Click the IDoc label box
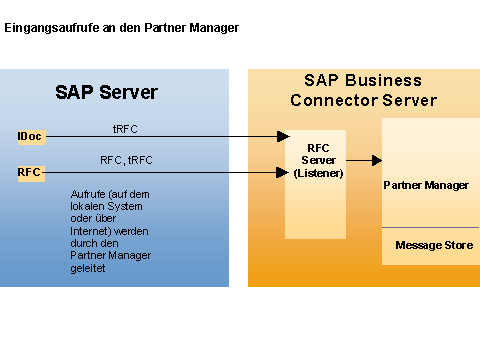point(31,137)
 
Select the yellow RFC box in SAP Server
point(31,173)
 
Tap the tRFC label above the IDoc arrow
point(125,129)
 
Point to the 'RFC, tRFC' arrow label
point(126,160)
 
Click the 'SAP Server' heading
point(106,92)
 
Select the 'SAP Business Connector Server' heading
point(363,90)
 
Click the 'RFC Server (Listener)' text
point(318,160)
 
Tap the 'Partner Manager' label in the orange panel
point(426,185)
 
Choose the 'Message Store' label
point(434,245)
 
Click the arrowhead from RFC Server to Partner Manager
point(377,160)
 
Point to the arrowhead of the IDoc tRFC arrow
point(283,136)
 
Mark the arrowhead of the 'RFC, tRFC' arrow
point(283,172)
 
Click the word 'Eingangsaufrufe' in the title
point(52,28)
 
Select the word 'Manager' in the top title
point(214,28)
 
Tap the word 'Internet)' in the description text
point(88,231)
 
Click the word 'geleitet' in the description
point(88,268)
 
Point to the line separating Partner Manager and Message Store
point(430,228)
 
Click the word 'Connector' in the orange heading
point(334,100)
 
